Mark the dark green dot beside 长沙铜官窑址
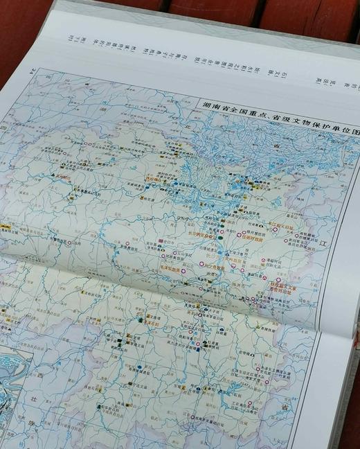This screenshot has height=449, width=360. pyautogui.click(x=220, y=238)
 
